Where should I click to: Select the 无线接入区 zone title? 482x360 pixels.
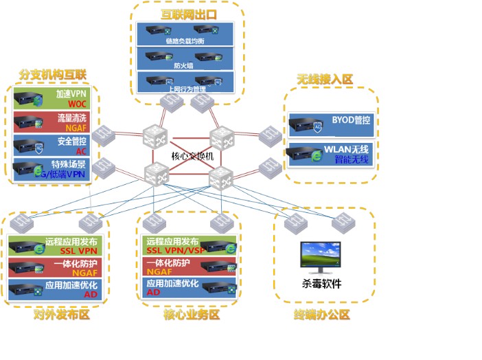tap(325, 80)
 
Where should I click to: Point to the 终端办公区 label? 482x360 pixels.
tap(322, 315)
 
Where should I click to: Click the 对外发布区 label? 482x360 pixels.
tap(62, 315)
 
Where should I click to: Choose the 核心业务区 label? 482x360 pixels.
tap(192, 315)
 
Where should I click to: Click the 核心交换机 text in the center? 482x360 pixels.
tap(193, 156)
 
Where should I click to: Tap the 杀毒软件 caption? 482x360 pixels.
tap(321, 284)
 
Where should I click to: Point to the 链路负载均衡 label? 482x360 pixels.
tap(185, 41)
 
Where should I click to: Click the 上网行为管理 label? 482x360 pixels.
tap(186, 89)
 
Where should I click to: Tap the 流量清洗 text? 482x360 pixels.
tap(71, 117)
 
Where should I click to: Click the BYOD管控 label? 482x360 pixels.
tap(350, 120)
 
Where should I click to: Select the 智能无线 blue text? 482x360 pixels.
tap(352, 160)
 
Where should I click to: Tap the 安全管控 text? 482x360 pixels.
tap(71, 141)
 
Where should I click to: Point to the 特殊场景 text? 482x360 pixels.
tap(68, 164)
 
